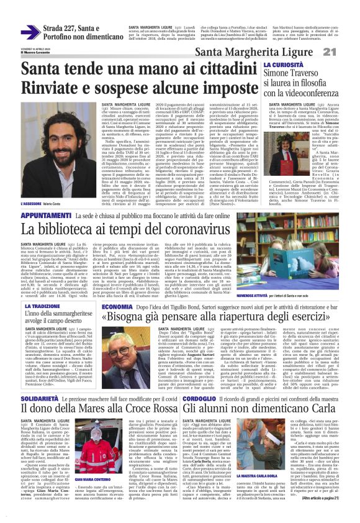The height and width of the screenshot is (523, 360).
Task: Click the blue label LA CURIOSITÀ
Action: pos(283,65)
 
